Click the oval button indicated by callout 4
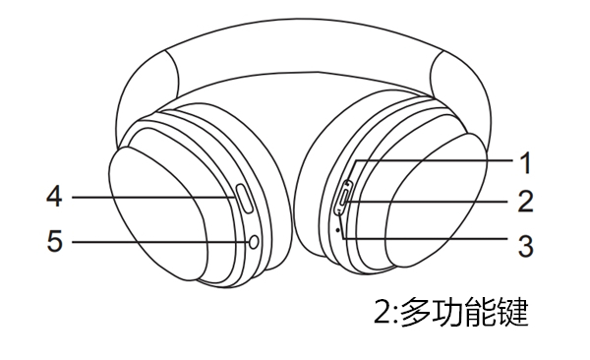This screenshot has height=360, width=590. tap(245, 200)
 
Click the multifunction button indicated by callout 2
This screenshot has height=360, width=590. tap(343, 198)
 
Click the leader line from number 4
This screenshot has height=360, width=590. tap(147, 198)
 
